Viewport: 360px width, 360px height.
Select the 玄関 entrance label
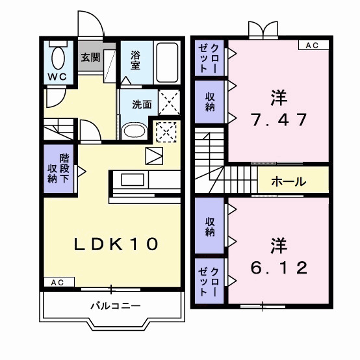coord(90,57)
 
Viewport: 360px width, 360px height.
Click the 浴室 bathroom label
coord(136,60)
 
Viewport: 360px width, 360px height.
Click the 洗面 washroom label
coord(142,104)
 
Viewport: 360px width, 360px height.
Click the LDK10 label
coord(116,244)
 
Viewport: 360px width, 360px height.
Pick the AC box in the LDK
coord(57,282)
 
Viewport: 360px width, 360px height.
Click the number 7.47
coord(279,120)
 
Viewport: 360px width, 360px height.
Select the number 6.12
coord(279,267)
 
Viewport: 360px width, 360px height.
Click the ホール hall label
coord(288,181)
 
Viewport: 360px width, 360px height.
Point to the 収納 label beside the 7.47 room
coord(210,101)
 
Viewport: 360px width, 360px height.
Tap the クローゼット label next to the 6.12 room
coord(210,281)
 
